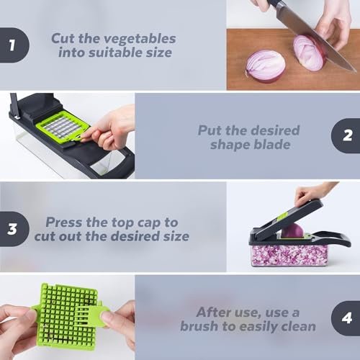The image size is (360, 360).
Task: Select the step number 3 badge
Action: (12, 230)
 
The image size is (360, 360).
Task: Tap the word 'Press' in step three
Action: (64, 222)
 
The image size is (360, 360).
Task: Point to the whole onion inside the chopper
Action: (293, 231)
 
